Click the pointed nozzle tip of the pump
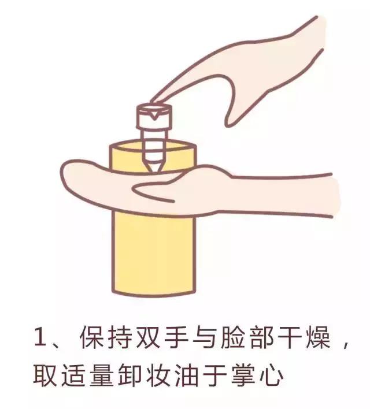pos(153,168)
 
